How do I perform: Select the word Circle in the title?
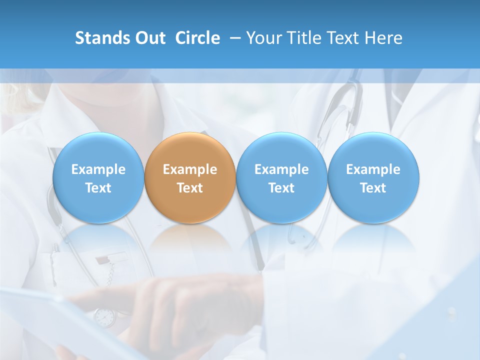coord(197,38)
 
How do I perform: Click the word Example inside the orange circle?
coord(190,169)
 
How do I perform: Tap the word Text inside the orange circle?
coord(190,188)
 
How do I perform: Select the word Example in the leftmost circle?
coord(98,169)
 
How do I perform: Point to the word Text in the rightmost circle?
coord(373,188)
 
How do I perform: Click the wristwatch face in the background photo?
coord(104,316)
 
